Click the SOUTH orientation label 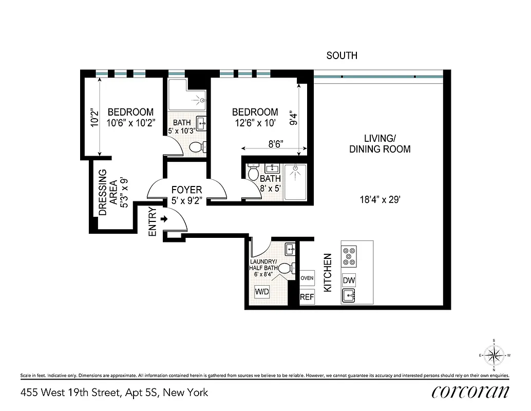342,55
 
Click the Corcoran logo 470,391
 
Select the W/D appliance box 262,291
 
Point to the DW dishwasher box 349,281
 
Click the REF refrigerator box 307,296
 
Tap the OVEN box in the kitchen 307,278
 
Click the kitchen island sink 349,296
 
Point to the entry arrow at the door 165,219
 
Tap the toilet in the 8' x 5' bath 253,173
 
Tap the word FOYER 186,190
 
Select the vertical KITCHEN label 328,272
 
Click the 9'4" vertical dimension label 293,119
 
